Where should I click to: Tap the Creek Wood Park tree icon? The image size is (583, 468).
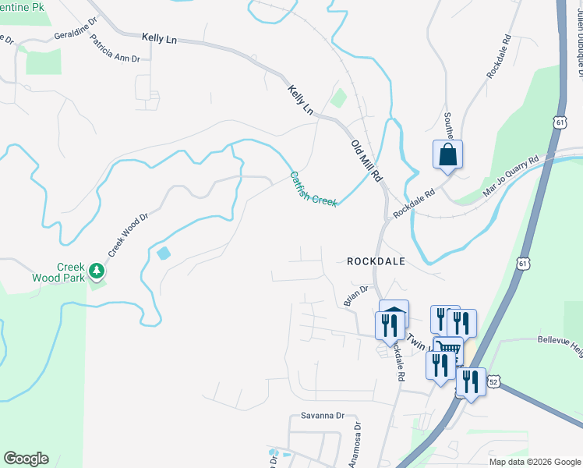point(97,271)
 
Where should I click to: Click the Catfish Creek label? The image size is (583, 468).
point(313,190)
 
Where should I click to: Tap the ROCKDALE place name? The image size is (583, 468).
point(376,262)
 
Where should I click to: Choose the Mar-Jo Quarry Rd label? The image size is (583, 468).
point(511,171)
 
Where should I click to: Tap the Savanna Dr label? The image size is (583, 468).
point(322,416)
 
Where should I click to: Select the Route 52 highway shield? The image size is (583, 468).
point(493,381)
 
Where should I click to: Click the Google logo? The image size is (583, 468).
point(26,459)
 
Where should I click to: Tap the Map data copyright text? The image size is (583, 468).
point(534,462)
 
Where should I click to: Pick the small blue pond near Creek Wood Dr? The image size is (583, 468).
point(163,253)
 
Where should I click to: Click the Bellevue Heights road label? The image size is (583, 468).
point(560,341)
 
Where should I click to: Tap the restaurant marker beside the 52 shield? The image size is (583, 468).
point(470,381)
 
